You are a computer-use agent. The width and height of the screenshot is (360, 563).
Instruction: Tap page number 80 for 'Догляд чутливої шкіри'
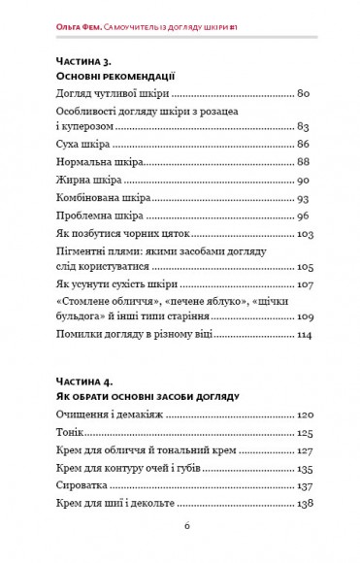pos(304,94)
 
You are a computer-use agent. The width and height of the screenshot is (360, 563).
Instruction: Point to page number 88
pos(304,162)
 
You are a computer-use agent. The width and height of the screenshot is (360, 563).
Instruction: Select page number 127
pos(302,451)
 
